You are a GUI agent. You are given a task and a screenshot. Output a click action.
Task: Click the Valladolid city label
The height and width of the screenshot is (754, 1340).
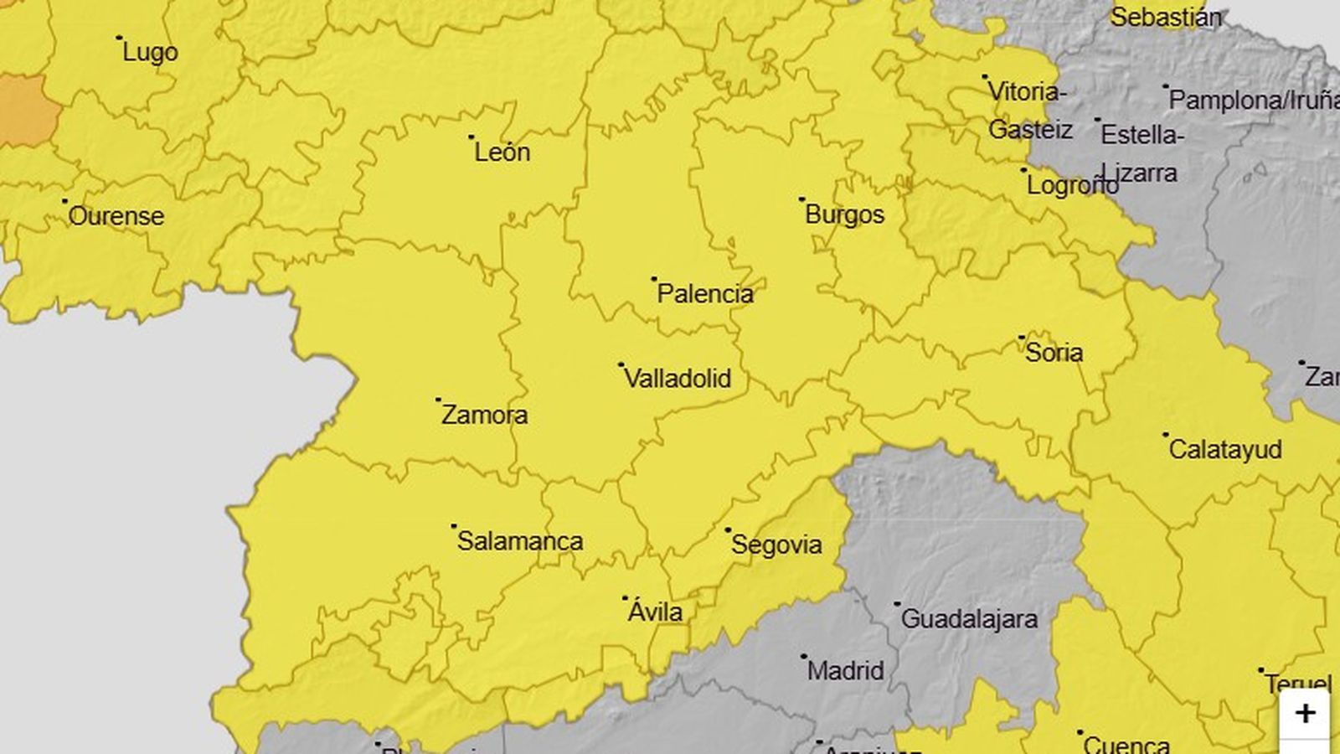click(678, 379)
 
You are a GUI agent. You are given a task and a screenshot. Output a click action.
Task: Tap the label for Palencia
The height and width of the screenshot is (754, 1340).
click(704, 294)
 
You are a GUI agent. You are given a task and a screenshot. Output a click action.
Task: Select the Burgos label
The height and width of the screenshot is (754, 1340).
click(844, 214)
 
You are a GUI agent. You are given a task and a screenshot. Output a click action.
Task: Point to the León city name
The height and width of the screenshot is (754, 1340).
click(502, 152)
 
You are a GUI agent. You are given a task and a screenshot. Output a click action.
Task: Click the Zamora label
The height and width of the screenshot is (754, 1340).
click(484, 415)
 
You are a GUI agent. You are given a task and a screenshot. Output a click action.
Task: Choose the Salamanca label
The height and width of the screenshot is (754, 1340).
click(519, 541)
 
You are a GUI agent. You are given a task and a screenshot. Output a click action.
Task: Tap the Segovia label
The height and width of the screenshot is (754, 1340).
click(776, 545)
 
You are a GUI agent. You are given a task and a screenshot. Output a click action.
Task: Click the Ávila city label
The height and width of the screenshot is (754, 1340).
click(655, 612)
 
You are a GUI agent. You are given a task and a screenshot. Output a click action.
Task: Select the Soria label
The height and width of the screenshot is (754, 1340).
click(1054, 353)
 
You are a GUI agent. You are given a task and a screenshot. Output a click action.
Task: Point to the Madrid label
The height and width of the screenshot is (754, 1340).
click(845, 671)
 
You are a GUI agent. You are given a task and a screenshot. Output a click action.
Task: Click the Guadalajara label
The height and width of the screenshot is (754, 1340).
click(969, 619)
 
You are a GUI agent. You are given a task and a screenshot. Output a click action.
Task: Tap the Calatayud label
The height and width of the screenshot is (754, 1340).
click(1224, 450)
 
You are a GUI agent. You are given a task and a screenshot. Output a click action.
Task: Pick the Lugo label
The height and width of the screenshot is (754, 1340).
click(150, 53)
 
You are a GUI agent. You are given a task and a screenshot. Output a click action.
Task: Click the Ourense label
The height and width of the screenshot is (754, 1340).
click(116, 216)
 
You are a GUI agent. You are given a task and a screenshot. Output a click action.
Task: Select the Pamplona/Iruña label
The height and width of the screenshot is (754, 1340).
click(1253, 101)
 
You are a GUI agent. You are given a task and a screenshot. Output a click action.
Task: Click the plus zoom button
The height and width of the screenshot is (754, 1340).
click(1304, 714)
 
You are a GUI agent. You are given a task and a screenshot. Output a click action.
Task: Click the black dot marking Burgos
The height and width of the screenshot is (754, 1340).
click(801, 199)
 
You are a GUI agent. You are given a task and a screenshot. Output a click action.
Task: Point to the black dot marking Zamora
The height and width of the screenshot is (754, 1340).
click(438, 400)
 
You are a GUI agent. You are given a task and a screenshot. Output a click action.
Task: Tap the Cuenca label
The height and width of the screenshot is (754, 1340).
click(1126, 744)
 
